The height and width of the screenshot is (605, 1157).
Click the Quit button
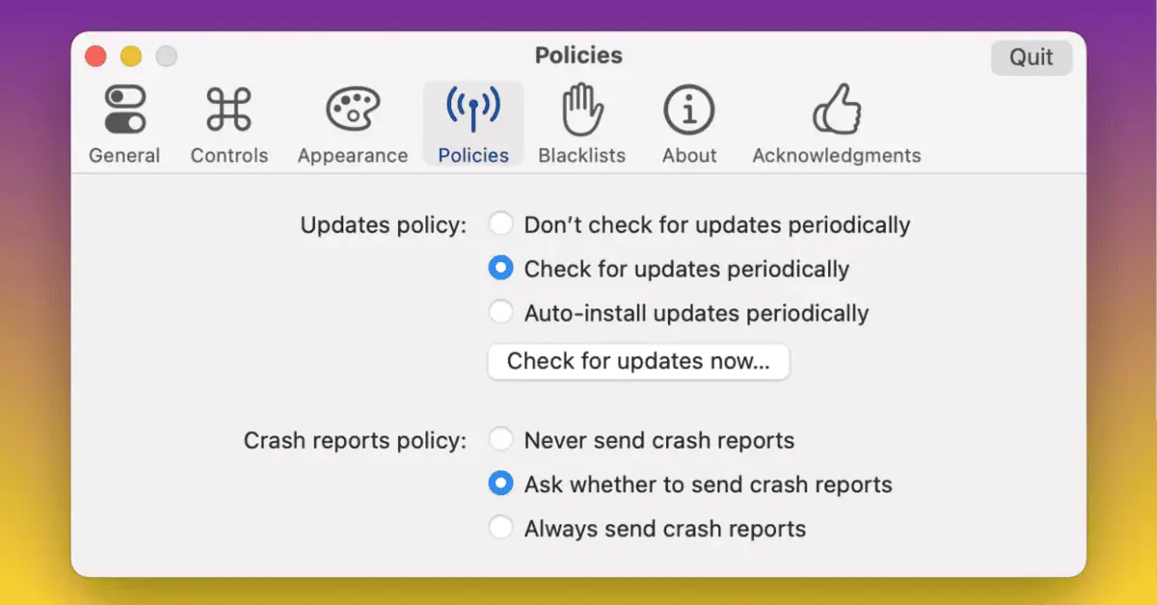tap(1031, 58)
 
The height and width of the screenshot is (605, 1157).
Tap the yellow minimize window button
tap(131, 57)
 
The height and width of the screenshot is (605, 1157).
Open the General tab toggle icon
tap(124, 110)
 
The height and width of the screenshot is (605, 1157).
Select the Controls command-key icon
tap(229, 110)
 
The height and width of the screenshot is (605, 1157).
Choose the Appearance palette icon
tap(353, 110)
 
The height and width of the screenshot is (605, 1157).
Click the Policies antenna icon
tap(472, 110)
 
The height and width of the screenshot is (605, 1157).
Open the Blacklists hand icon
tap(581, 110)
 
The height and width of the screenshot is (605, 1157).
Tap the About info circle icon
tap(688, 110)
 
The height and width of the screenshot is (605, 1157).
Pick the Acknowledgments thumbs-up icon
tap(836, 110)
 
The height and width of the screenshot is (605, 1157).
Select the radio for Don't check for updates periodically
tap(500, 225)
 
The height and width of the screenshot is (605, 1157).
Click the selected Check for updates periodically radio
tap(500, 269)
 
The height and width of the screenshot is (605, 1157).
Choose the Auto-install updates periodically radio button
tap(500, 313)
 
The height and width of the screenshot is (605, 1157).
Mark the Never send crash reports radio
tap(500, 440)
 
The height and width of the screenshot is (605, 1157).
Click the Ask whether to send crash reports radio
tap(500, 484)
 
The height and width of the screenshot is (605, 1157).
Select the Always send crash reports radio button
tap(500, 528)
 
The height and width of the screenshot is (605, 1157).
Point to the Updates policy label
tap(383, 225)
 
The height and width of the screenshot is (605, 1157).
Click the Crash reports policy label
tap(355, 440)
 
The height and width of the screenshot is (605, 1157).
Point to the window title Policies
tap(578, 56)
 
